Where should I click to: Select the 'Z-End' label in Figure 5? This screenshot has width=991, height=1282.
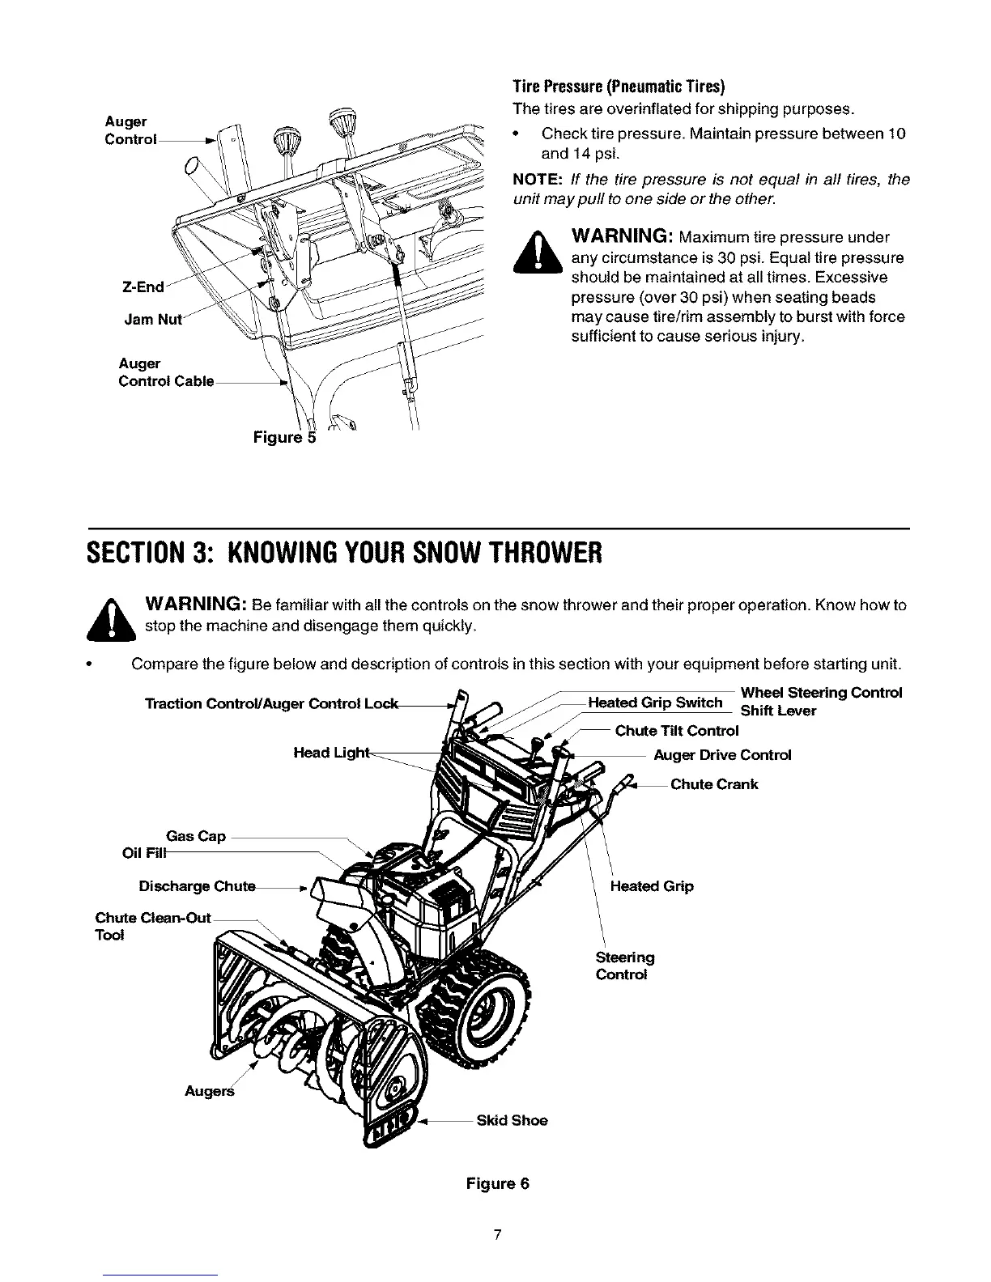pyautogui.click(x=142, y=287)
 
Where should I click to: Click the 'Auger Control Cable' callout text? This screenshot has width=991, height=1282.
pyautogui.click(x=165, y=372)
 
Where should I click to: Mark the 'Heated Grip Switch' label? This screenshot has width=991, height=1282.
pyautogui.click(x=655, y=703)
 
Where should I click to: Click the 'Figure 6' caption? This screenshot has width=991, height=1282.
pyautogui.click(x=497, y=1183)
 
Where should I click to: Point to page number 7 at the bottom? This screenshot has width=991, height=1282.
pyautogui.click(x=497, y=1234)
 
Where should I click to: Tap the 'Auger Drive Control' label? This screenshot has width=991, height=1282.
pyautogui.click(x=722, y=755)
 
